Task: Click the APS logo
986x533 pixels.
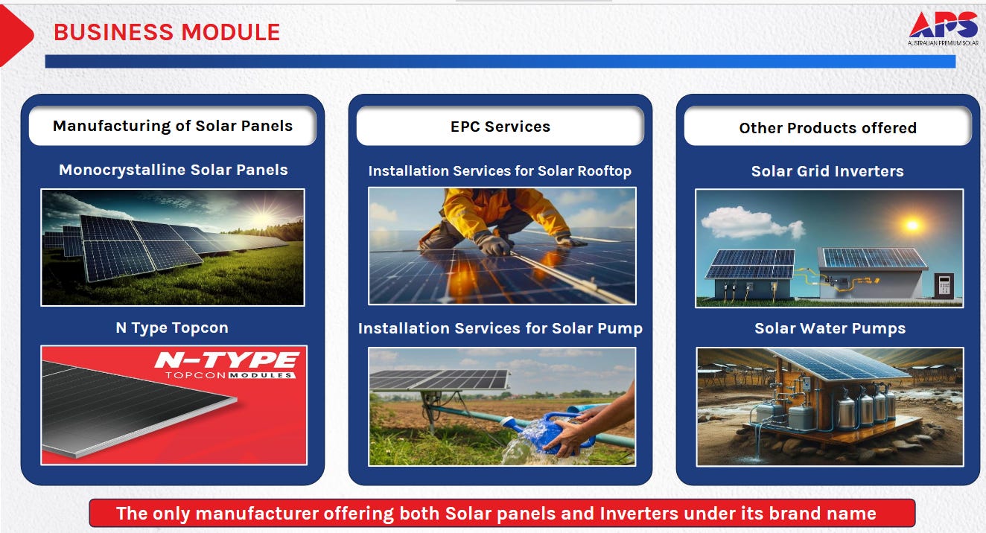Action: (944, 28)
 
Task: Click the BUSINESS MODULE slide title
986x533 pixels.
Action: (167, 32)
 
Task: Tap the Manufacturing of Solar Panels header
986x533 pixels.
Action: (173, 126)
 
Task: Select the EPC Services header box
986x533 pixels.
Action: (500, 126)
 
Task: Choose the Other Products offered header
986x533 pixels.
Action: (827, 127)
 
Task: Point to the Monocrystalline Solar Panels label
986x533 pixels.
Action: (174, 170)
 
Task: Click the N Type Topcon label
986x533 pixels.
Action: (172, 328)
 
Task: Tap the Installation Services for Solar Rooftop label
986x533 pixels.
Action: (500, 170)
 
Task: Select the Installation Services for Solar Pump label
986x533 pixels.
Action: (500, 328)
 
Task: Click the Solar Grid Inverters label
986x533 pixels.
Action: (827, 170)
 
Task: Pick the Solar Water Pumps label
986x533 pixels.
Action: (830, 328)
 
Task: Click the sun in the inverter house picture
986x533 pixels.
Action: (912, 225)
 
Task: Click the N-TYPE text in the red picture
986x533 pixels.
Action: (227, 360)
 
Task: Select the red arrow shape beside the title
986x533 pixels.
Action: (16, 35)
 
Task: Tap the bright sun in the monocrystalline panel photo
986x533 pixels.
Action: (263, 216)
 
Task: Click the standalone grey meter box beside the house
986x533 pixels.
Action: (944, 285)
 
